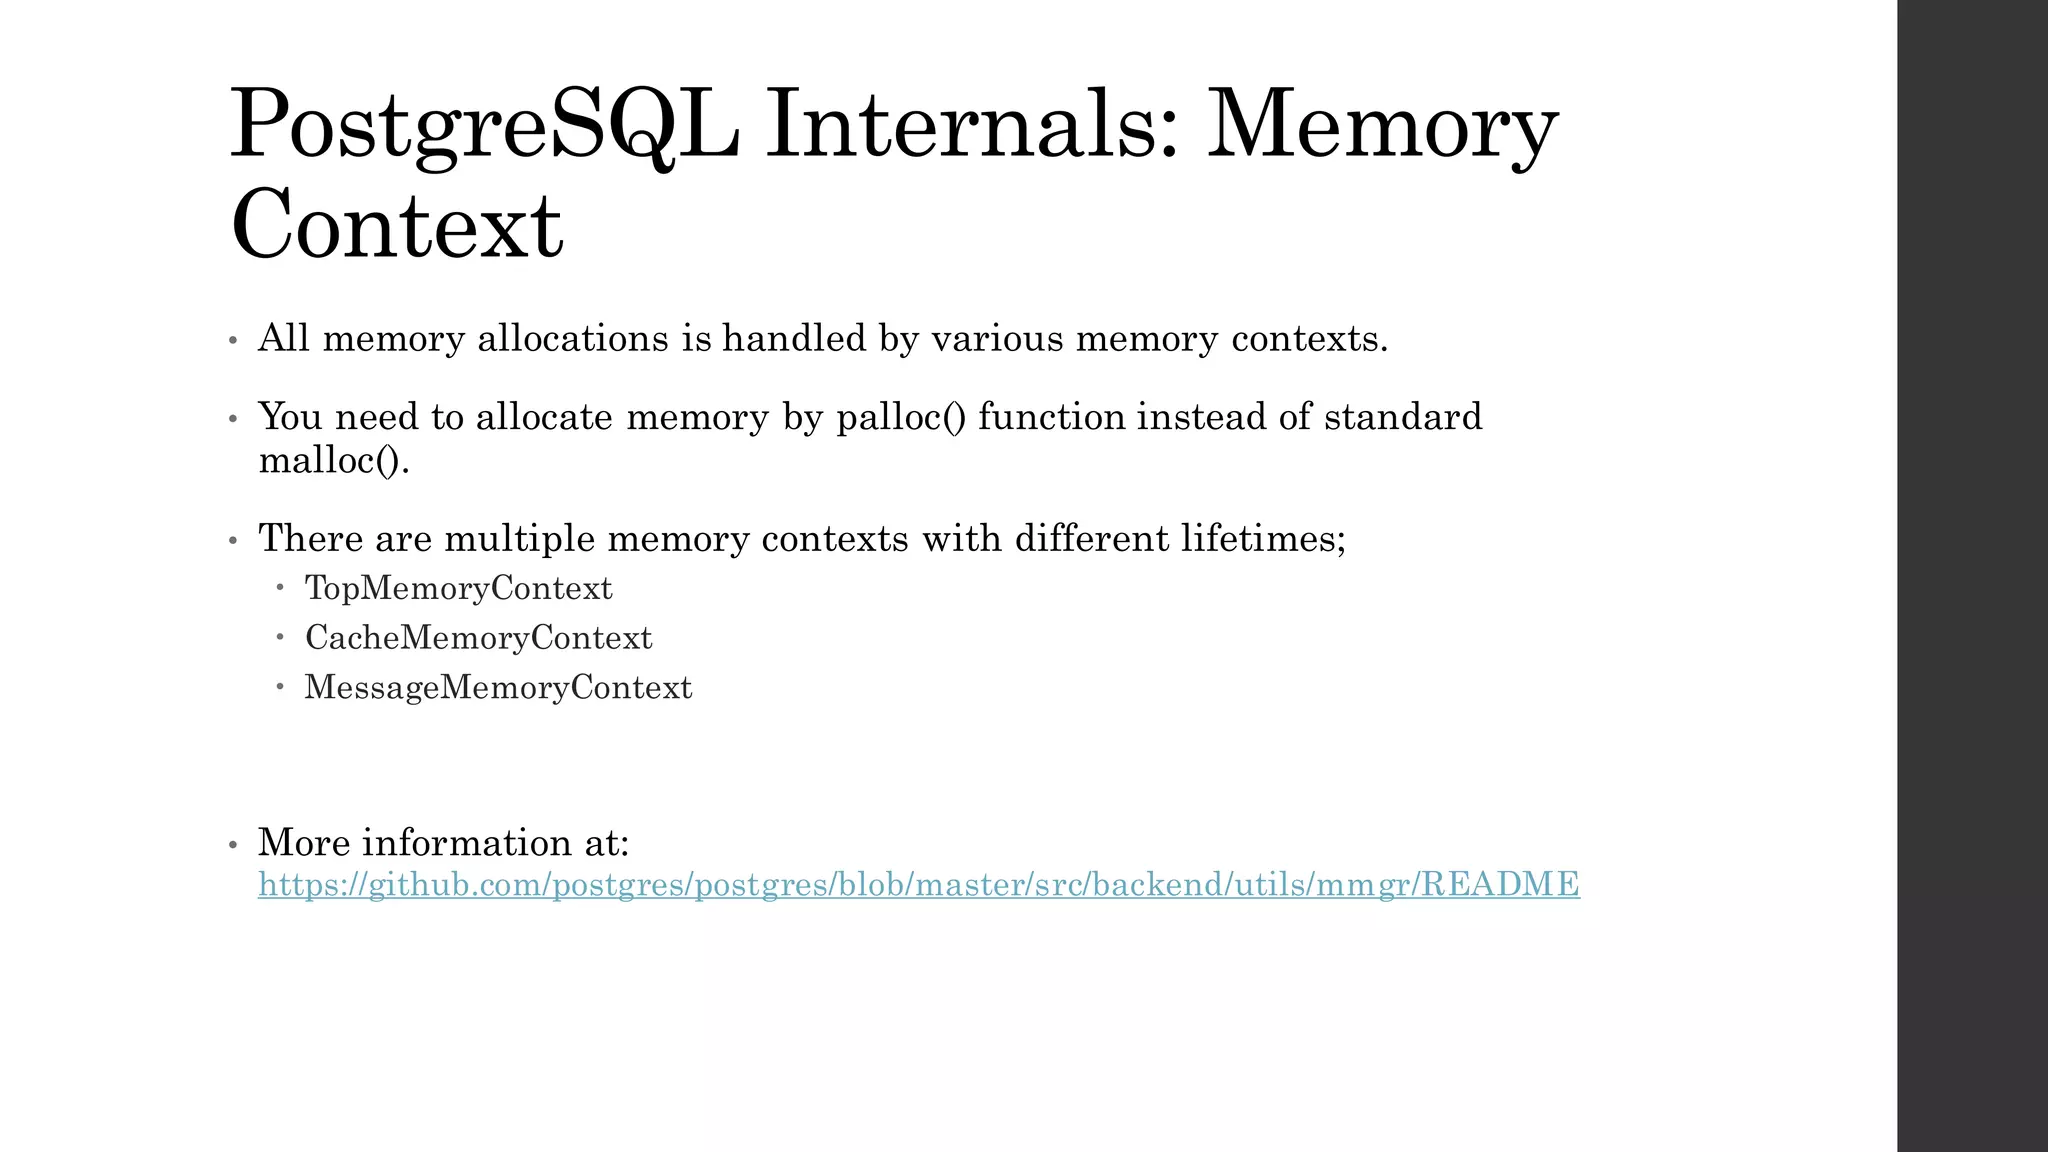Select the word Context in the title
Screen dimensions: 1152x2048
pyautogui.click(x=396, y=224)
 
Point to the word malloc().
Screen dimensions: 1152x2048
pyautogui.click(x=334, y=461)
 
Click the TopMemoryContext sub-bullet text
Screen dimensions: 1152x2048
pyautogui.click(x=458, y=588)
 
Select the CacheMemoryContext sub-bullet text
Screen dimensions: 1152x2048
pyautogui.click(x=478, y=638)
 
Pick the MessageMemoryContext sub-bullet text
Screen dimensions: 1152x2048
pyautogui.click(x=498, y=688)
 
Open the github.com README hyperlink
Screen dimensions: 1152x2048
pyautogui.click(x=918, y=885)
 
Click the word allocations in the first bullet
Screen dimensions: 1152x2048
pyautogui.click(x=572, y=339)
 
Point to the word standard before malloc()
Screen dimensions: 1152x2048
pyautogui.click(x=1403, y=417)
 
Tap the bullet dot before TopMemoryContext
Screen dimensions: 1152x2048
pyautogui.click(x=281, y=587)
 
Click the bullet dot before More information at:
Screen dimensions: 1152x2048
pyautogui.click(x=233, y=845)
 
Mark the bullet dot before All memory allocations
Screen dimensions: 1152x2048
pyautogui.click(x=233, y=341)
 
